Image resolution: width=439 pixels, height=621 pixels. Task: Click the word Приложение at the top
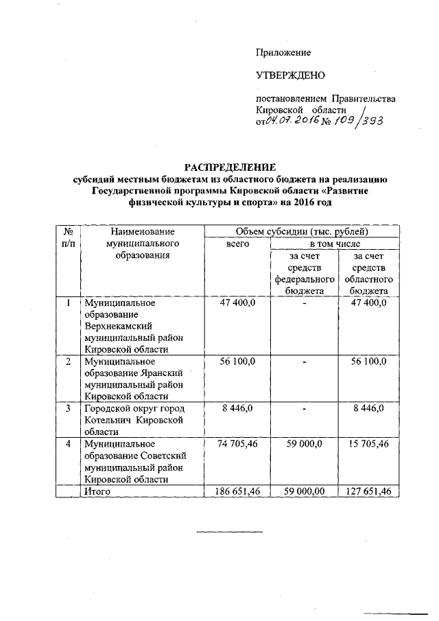tap(283, 52)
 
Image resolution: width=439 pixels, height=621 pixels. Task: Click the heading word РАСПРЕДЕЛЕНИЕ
tap(230, 167)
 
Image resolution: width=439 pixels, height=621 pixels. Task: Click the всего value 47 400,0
tap(237, 303)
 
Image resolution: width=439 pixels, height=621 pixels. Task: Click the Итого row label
tap(97, 491)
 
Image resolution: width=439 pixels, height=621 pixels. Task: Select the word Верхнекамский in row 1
tap(117, 326)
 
